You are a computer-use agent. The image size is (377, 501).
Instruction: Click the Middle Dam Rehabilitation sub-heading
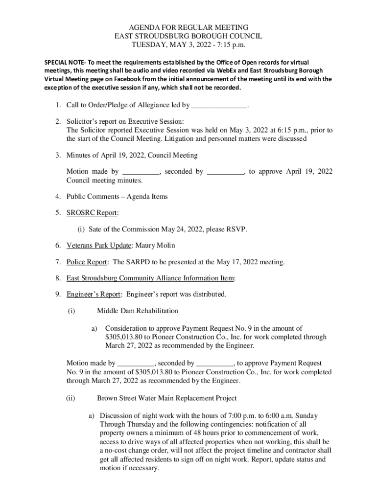coord(138,311)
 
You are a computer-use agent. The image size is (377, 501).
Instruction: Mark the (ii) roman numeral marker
coord(71,398)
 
